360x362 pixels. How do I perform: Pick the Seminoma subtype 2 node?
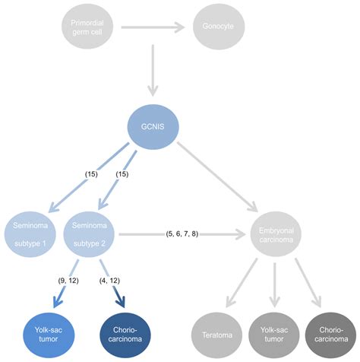(91, 233)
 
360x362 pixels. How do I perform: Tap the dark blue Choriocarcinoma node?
(125, 335)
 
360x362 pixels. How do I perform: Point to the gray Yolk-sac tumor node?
(272, 335)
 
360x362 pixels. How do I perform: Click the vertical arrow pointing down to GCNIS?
(155, 72)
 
